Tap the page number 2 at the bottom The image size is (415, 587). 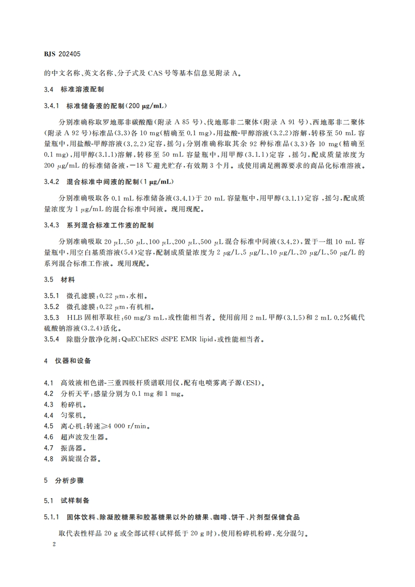click(47, 544)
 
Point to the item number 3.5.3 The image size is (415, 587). click(51, 318)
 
